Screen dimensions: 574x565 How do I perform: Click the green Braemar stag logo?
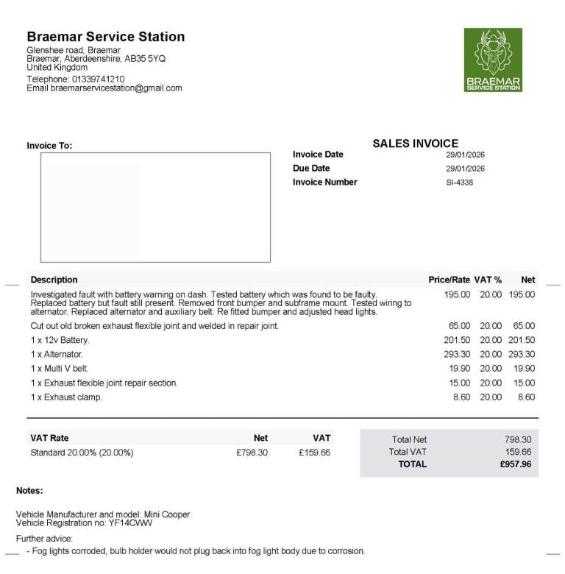pos(493,60)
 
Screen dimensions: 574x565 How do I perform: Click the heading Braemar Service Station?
pos(106,37)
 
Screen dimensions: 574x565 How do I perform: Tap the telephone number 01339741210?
pos(98,79)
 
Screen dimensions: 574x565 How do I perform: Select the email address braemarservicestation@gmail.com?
pos(116,88)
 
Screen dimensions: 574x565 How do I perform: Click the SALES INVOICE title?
pos(415,143)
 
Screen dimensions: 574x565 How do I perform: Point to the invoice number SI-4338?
pos(459,183)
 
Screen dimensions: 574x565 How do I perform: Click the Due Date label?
pos(311,169)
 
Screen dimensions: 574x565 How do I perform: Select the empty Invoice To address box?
pos(155,207)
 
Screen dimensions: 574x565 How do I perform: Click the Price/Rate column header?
pos(449,280)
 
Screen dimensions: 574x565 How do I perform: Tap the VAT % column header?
pos(488,280)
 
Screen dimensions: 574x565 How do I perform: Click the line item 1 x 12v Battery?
pos(60,340)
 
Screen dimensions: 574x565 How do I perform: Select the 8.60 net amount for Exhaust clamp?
pos(526,397)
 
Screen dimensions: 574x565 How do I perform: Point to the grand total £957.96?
pos(515,464)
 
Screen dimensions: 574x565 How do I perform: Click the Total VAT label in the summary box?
pos(408,452)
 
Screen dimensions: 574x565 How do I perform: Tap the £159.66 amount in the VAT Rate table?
pos(315,453)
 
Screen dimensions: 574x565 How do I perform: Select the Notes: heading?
pos(29,490)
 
